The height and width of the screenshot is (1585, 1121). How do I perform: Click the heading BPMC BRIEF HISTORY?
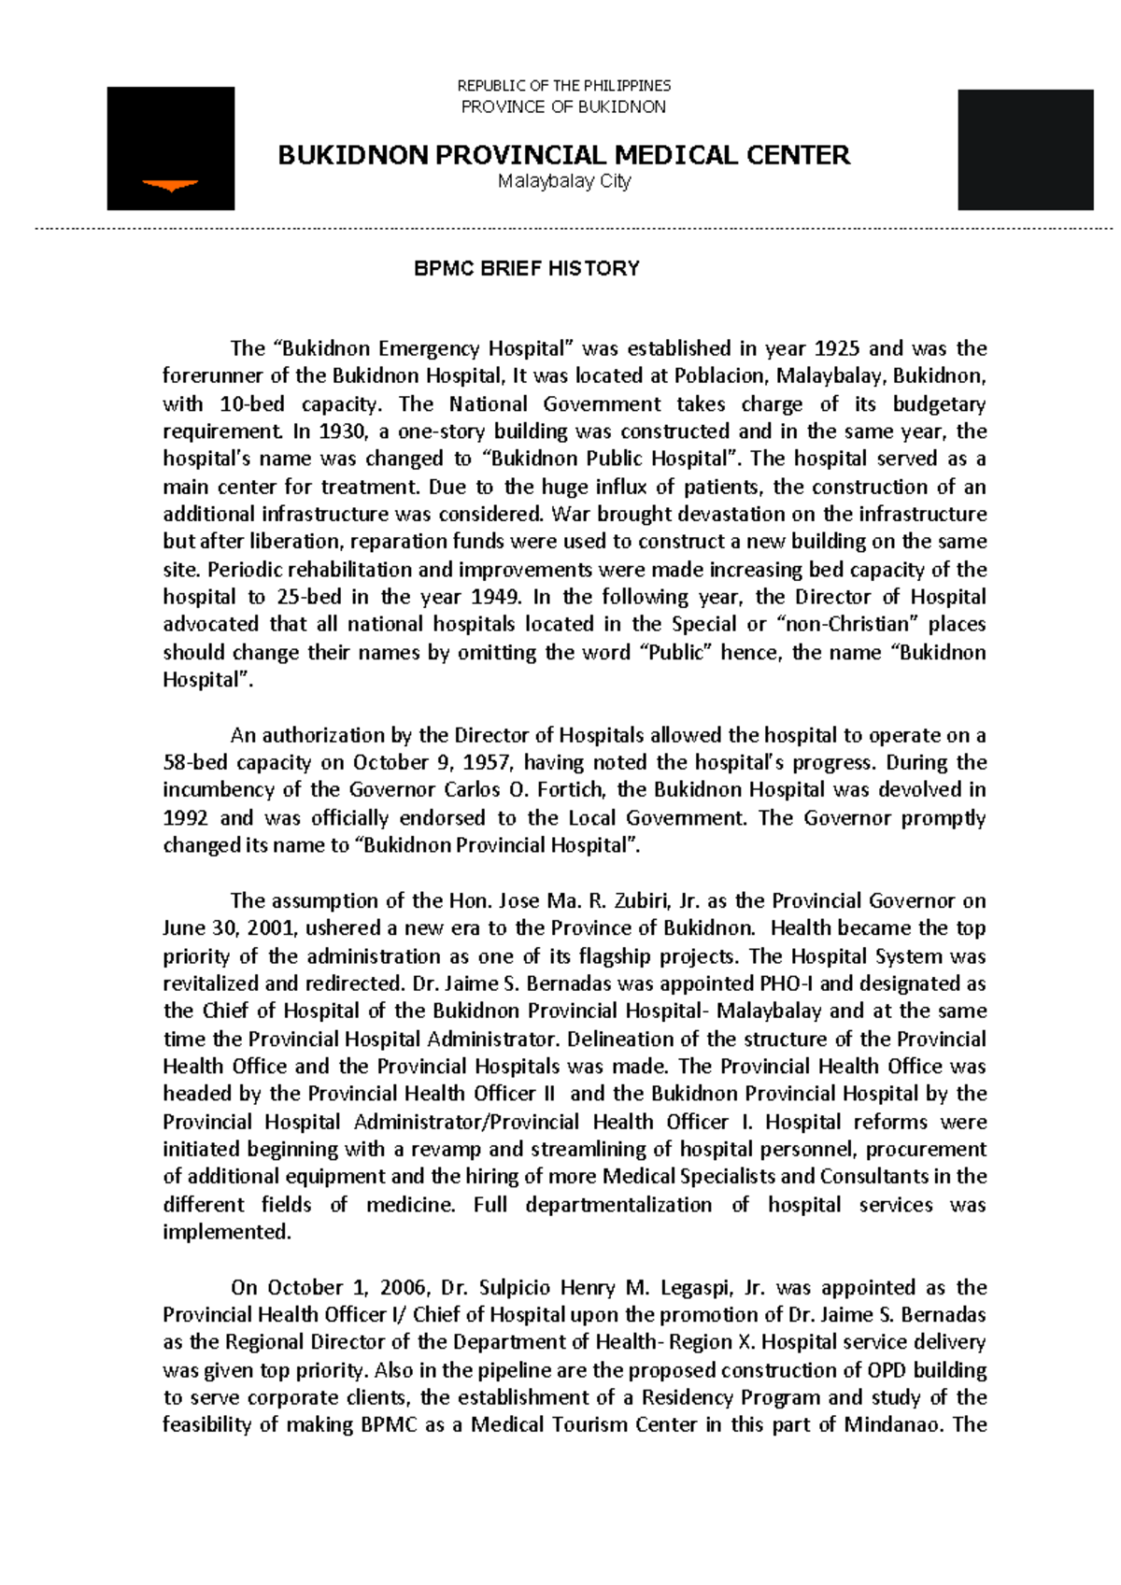(526, 269)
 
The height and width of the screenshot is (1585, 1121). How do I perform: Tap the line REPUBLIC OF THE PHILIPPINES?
(563, 86)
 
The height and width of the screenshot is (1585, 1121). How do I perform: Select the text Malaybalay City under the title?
(564, 181)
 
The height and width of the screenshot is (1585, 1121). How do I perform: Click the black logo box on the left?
(170, 148)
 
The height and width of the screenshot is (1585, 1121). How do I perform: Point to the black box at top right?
(1025, 149)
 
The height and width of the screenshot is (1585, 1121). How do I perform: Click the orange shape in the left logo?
(170, 186)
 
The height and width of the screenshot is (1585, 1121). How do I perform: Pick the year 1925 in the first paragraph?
(836, 348)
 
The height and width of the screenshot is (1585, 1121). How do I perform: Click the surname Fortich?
(570, 790)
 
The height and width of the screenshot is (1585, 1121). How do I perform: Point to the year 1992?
(186, 818)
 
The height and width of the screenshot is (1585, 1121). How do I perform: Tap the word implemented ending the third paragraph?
(226, 1232)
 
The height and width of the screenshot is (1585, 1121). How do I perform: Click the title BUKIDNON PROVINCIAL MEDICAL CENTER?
(563, 155)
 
